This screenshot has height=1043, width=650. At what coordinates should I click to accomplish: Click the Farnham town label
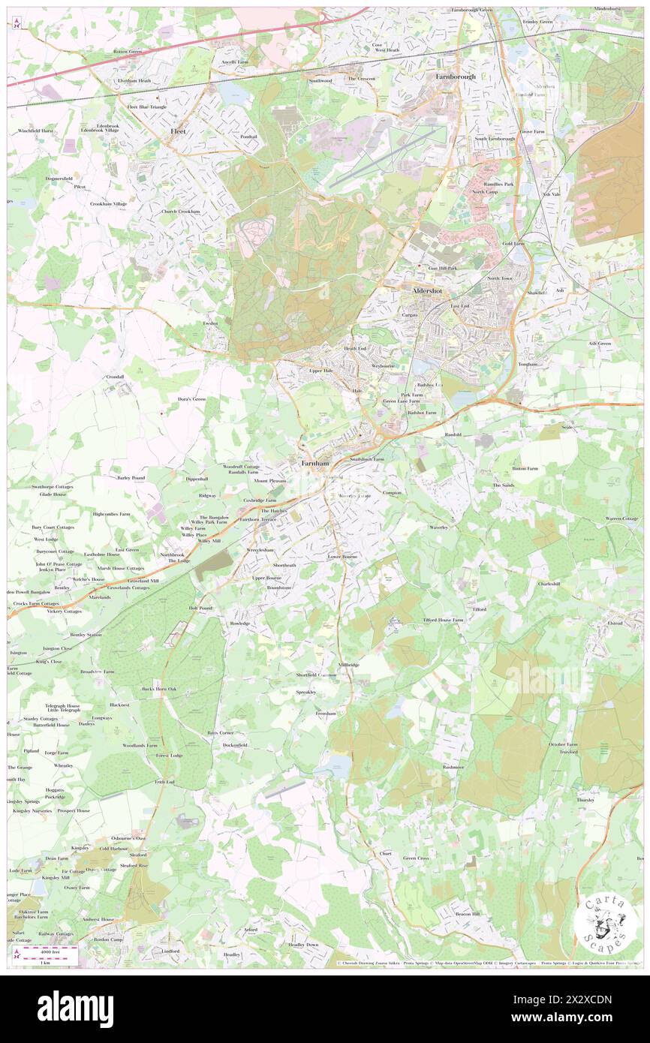(x=315, y=463)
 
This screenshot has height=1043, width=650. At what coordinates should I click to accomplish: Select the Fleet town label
(x=177, y=131)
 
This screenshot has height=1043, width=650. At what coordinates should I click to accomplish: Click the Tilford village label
(x=479, y=609)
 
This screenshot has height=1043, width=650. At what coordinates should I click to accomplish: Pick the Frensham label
(x=325, y=713)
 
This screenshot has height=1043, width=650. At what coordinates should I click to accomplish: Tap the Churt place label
(x=386, y=853)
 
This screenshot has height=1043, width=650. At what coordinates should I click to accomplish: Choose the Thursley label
(x=585, y=799)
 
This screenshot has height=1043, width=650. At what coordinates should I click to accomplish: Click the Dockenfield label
(x=235, y=744)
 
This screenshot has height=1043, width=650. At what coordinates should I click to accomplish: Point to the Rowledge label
(x=239, y=623)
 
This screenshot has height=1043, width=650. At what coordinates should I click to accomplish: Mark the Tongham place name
(x=528, y=364)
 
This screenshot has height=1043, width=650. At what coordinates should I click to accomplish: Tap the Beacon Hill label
(x=468, y=913)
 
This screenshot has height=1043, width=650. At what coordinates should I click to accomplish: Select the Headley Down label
(x=303, y=944)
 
